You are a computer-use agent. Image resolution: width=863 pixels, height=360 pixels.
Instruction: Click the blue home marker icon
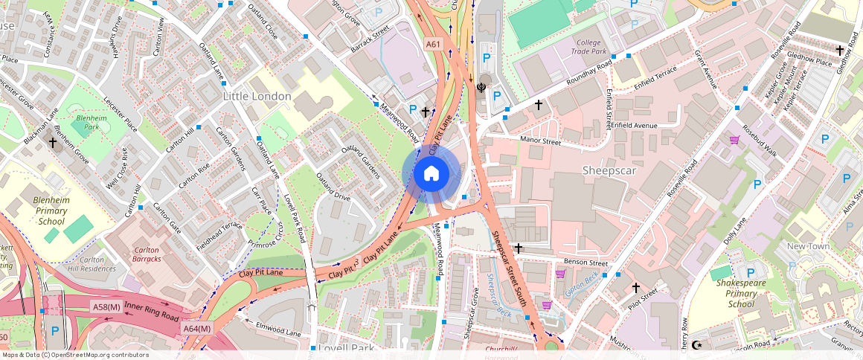431,174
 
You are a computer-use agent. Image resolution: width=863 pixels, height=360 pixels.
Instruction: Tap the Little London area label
257,97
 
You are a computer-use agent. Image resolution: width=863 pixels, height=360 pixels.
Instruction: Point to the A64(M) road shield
197,328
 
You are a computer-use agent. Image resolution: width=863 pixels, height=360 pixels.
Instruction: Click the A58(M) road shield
106,306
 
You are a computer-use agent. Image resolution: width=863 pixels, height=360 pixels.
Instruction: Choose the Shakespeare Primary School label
735,293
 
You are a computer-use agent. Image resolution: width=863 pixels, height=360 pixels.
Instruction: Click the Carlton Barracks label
147,254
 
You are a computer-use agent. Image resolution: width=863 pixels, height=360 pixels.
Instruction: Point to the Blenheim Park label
87,123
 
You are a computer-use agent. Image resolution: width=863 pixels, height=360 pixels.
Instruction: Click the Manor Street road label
540,140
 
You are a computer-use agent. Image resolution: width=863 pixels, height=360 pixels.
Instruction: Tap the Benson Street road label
586,263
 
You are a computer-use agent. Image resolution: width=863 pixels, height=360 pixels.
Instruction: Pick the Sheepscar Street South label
512,268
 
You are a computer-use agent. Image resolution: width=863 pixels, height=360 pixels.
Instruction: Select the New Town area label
808,246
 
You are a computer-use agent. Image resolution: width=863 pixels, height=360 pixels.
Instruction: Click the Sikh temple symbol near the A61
481,87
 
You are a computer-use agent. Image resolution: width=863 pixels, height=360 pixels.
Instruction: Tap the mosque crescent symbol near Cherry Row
697,345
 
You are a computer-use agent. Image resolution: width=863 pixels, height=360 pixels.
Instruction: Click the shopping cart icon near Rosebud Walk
734,140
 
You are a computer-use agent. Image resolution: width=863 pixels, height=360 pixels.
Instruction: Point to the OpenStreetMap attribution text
74,355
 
